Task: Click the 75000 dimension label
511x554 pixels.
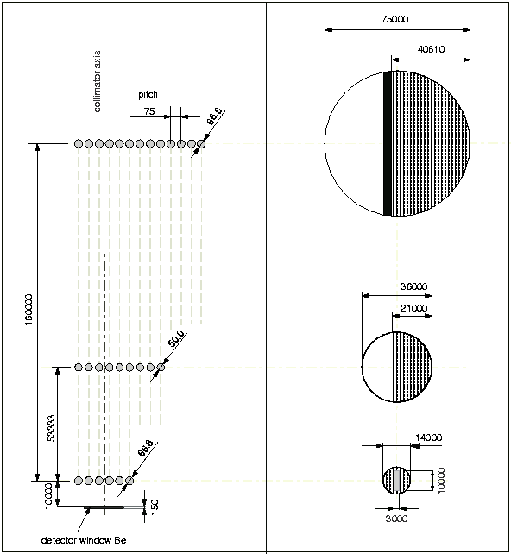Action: (x=394, y=19)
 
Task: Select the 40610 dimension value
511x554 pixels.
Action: (x=431, y=49)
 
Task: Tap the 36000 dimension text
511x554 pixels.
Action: (x=413, y=286)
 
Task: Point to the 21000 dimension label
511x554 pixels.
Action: (x=413, y=308)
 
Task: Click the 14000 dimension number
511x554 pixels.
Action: (x=428, y=438)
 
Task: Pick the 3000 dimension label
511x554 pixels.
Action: (x=396, y=519)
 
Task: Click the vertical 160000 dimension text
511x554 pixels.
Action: (x=28, y=310)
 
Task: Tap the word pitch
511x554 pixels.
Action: (x=148, y=94)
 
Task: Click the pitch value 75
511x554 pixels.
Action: (x=149, y=111)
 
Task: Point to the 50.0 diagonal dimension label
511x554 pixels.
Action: (x=175, y=338)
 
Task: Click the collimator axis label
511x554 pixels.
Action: (x=98, y=81)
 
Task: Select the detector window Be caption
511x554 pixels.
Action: (x=84, y=540)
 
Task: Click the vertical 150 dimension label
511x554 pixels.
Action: (x=155, y=507)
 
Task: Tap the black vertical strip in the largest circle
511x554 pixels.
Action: (x=388, y=143)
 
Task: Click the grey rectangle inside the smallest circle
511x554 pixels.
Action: (x=396, y=481)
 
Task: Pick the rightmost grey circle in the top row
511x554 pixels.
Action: (x=201, y=144)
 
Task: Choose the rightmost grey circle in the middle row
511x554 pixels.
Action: (x=161, y=368)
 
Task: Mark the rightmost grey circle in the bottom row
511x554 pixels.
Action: (x=129, y=481)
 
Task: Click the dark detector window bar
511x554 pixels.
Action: (x=104, y=507)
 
